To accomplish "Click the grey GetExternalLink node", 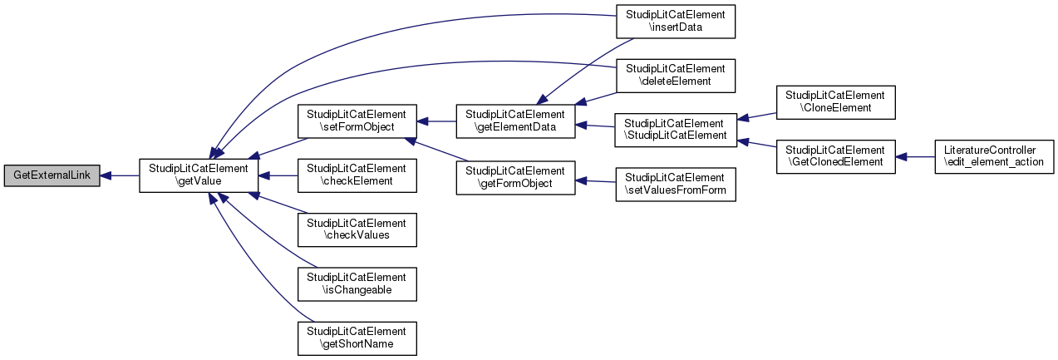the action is tap(52, 175).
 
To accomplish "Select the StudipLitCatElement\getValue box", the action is tap(199, 175).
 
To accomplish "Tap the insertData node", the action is tap(676, 22).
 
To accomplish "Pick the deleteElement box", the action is tap(676, 76).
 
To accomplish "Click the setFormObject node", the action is tap(357, 121).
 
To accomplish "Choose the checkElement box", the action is tap(357, 175).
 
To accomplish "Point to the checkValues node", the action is tap(357, 229).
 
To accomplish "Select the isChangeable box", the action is tap(357, 284).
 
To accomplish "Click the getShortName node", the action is tap(357, 338).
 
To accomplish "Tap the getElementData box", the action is tap(516, 121).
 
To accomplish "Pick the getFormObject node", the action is tap(516, 178).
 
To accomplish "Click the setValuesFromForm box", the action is tap(676, 185).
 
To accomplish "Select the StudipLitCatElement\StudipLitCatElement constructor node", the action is tap(676, 130).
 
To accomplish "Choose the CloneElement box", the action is tap(835, 102).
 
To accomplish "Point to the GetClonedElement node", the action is tap(835, 156).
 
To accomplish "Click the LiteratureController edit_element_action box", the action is tap(994, 156).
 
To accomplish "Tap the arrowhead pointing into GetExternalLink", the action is tap(106, 175).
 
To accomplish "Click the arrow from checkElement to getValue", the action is tap(278, 175).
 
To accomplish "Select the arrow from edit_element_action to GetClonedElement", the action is tap(915, 156).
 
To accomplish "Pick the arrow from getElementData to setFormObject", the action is tap(436, 121).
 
